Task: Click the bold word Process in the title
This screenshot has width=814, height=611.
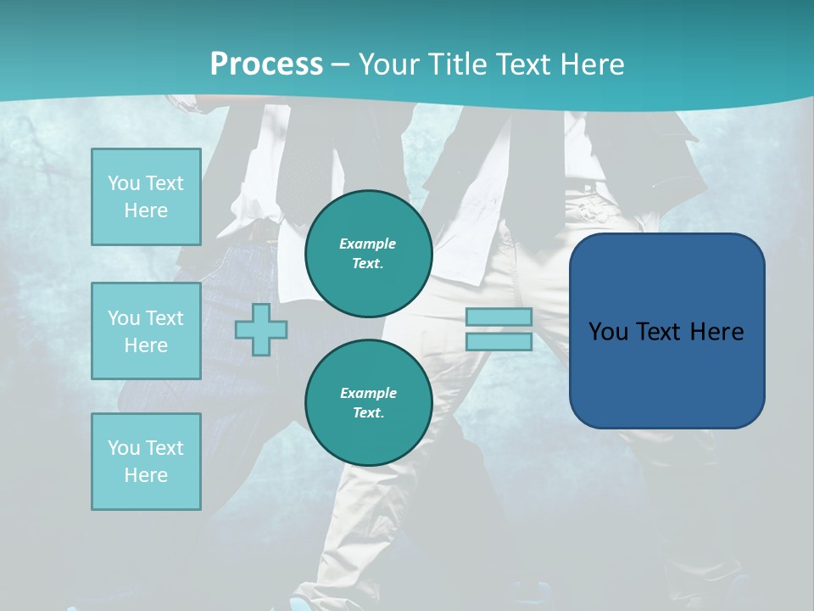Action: tap(266, 64)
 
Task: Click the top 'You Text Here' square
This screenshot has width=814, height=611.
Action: tap(146, 197)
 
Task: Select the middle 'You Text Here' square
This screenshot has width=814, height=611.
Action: tap(146, 331)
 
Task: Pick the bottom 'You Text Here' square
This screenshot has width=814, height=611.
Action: tap(146, 462)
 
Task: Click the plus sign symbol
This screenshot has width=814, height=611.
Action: tap(261, 329)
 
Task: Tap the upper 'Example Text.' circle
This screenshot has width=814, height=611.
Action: tap(369, 253)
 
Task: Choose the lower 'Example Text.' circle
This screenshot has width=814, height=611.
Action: tap(369, 402)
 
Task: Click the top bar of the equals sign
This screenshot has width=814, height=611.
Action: tap(499, 317)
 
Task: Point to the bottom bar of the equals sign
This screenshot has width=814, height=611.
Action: tap(499, 342)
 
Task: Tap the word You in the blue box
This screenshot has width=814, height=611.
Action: tap(608, 332)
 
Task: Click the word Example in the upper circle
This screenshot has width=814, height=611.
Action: tap(368, 244)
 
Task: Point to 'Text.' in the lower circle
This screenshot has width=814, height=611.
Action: tap(368, 412)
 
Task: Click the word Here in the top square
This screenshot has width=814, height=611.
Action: tap(146, 210)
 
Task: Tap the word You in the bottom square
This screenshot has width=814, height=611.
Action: tap(124, 448)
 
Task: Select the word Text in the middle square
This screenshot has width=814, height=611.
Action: tap(165, 318)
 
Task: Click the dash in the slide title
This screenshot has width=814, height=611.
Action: tap(341, 64)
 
